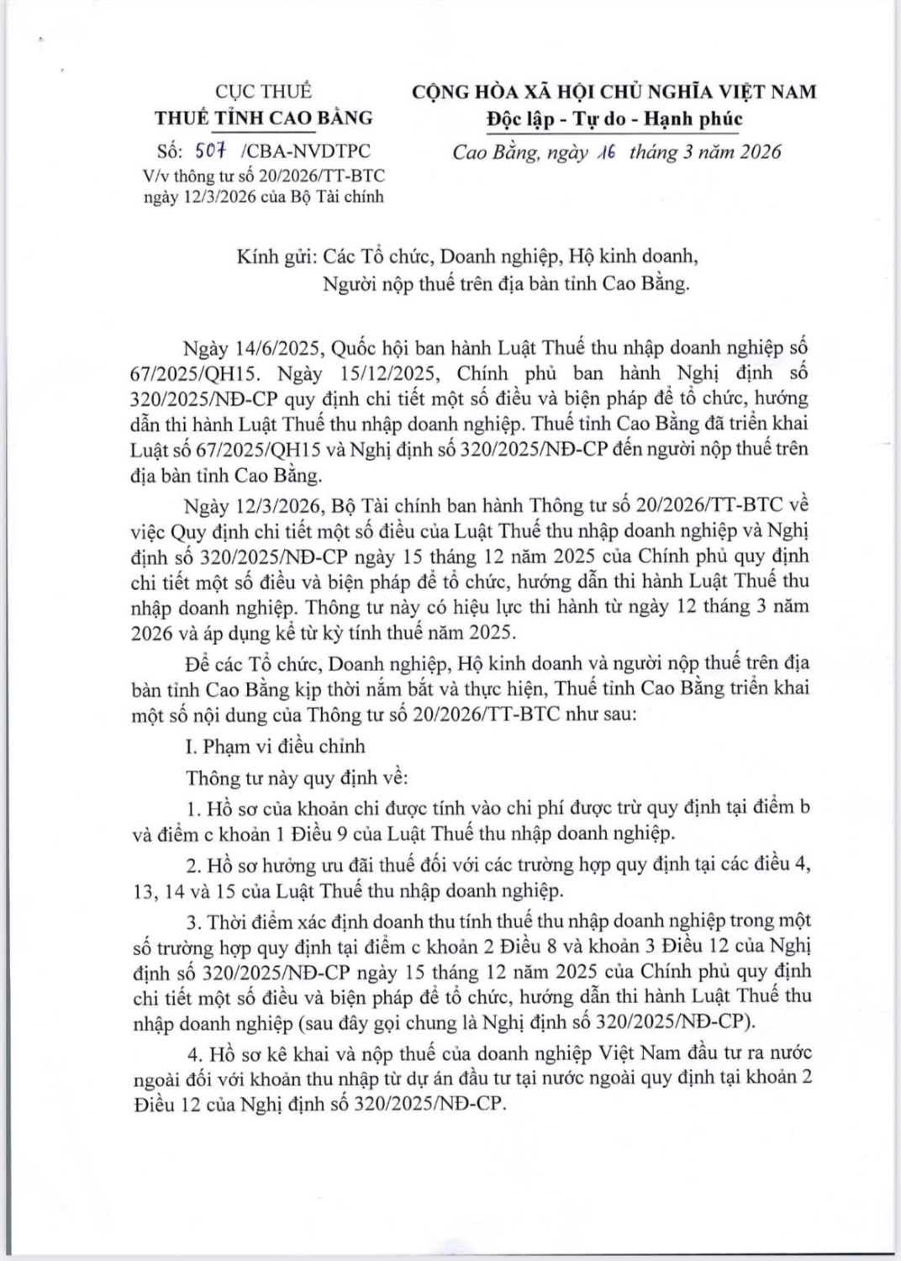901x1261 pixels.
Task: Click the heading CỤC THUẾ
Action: (263, 92)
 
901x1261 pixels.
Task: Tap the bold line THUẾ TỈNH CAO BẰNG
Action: (263, 118)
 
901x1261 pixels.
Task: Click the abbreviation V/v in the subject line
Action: (155, 176)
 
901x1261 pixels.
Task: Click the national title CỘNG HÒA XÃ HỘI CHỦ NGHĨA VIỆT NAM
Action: (614, 92)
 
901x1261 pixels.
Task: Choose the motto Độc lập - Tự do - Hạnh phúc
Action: (614, 119)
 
